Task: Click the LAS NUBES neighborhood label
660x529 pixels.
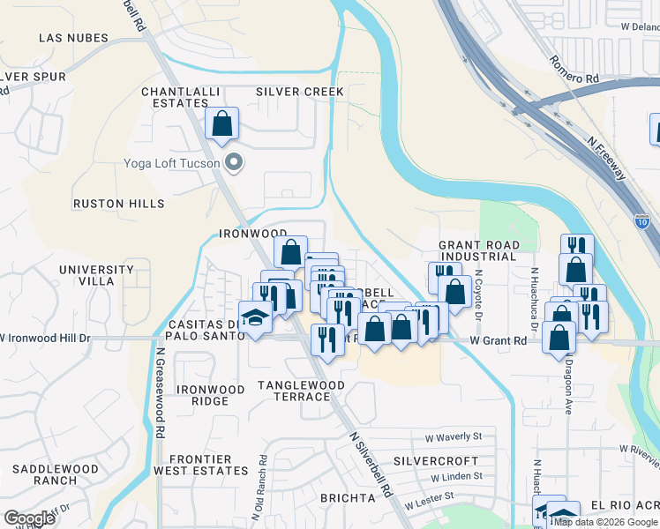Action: point(74,38)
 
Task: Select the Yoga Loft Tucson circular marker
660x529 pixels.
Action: point(234,162)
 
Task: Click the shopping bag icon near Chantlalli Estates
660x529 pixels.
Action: point(221,123)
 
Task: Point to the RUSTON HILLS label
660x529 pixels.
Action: point(118,204)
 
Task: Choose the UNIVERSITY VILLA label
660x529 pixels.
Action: point(98,275)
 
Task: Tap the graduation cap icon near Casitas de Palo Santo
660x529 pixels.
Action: point(255,317)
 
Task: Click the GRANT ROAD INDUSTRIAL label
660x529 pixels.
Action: point(477,250)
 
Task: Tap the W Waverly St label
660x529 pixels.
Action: point(454,436)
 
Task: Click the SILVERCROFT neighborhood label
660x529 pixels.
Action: point(435,461)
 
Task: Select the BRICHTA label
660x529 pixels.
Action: point(349,497)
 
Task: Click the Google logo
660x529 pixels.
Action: point(29,518)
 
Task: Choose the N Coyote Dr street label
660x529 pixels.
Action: point(477,295)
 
